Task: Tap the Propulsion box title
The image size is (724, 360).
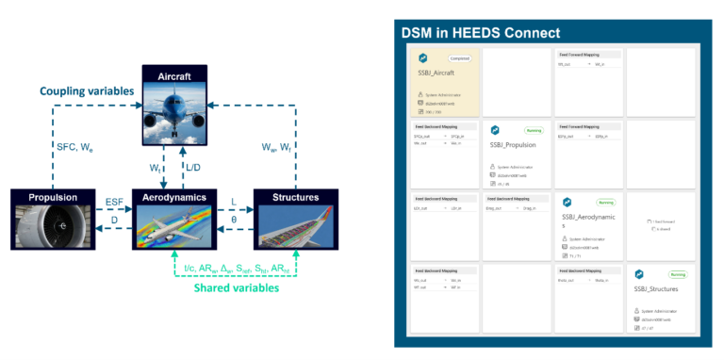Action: click(47, 198)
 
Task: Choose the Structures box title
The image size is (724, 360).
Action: click(288, 198)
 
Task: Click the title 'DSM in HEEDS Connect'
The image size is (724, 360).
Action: click(481, 33)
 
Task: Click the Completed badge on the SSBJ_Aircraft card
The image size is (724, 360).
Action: click(456, 58)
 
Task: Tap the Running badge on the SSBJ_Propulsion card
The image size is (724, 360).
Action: click(533, 130)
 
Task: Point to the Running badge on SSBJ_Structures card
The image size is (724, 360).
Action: click(676, 275)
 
